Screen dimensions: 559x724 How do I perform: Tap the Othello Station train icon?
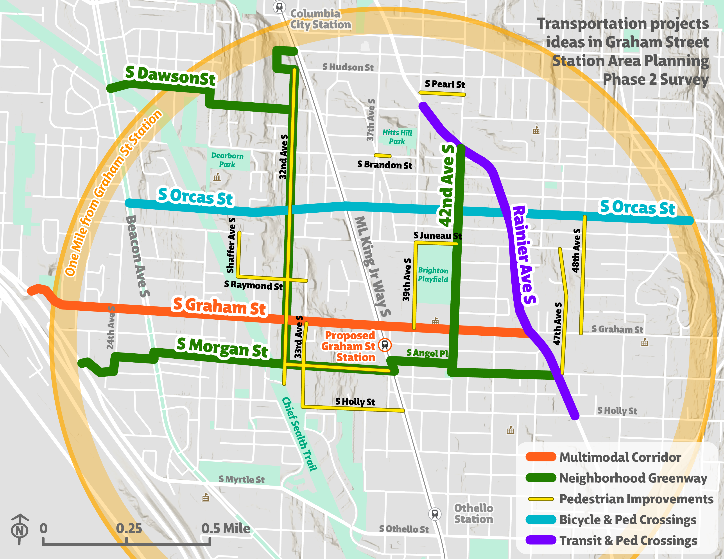[435, 514]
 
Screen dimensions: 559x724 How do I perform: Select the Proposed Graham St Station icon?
[385, 345]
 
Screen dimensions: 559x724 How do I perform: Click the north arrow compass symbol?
[20, 529]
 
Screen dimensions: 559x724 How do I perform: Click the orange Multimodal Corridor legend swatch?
[540, 457]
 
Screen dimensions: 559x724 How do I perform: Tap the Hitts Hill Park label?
[397, 137]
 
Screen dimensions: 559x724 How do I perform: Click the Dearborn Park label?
[228, 160]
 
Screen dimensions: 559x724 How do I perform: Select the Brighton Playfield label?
[433, 275]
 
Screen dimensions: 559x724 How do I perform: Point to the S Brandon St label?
[385, 165]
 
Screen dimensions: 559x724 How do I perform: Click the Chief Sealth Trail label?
[299, 434]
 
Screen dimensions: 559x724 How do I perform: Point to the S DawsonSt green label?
[170, 76]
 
